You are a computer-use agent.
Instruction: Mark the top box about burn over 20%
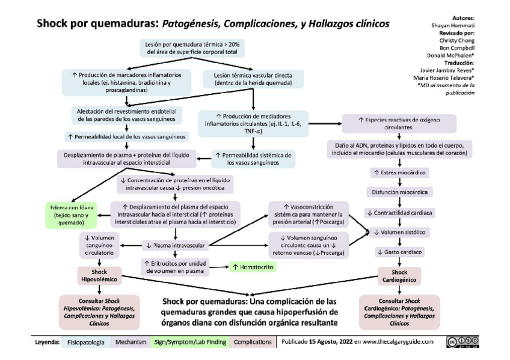coord(192,48)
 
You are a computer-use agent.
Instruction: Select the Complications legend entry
coord(252,342)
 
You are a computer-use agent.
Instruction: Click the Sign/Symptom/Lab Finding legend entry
coord(189,342)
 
